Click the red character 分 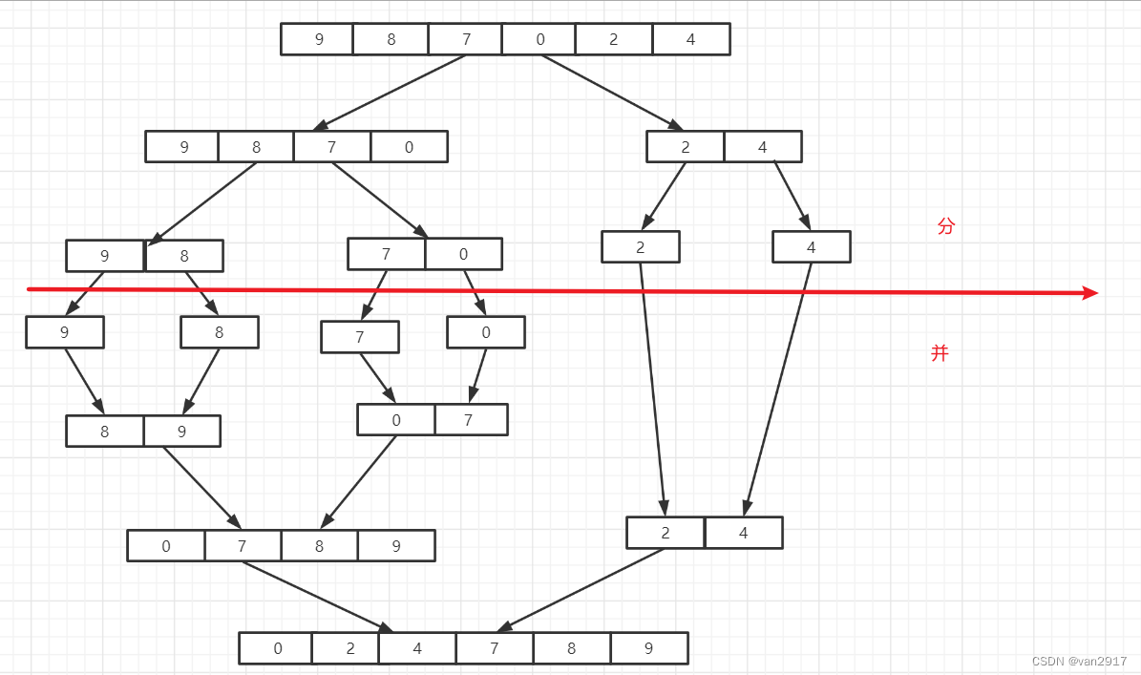click(x=945, y=226)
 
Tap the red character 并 click(x=940, y=353)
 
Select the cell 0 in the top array click(x=539, y=39)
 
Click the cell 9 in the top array click(x=318, y=39)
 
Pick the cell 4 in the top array click(x=691, y=39)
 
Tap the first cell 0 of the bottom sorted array click(x=277, y=648)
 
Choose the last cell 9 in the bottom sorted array click(x=648, y=648)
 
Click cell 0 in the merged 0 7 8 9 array click(x=166, y=546)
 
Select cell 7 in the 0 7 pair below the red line click(x=469, y=420)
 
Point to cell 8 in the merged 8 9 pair click(x=105, y=432)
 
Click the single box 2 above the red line click(x=640, y=247)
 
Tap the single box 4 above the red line click(x=811, y=247)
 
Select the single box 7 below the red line click(x=360, y=337)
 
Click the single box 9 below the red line click(x=65, y=332)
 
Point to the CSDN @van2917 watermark click(x=1079, y=662)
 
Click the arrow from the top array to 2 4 click(x=611, y=92)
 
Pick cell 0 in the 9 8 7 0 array click(x=409, y=147)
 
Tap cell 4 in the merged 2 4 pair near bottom click(x=743, y=533)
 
